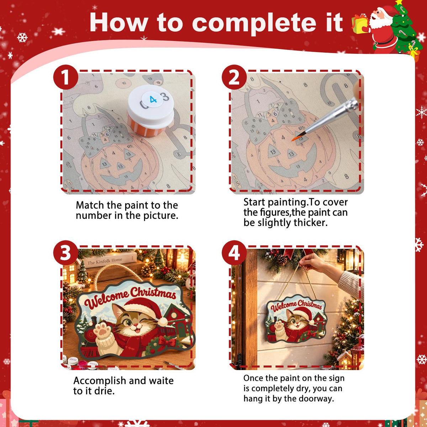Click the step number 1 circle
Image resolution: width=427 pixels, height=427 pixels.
pos(66,77)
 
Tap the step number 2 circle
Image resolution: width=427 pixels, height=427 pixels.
pos(234,77)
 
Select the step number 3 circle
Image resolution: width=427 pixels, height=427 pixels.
pos(66,253)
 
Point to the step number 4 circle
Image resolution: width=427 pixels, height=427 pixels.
pos(234,253)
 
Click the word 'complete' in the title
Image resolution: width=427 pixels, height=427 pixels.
pos(254,23)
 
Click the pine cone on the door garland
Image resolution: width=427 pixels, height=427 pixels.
pos(281,260)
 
